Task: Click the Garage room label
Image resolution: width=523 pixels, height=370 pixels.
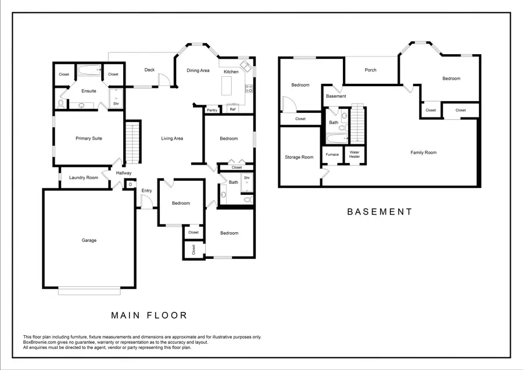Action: [89, 240]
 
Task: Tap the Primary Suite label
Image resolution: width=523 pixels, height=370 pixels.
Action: [89, 138]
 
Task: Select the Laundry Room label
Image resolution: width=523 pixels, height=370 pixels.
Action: [84, 177]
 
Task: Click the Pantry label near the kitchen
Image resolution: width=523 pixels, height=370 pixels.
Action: [212, 110]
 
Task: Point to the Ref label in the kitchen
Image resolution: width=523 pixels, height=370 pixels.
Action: [232, 109]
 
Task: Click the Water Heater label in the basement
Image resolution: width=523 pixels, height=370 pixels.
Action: [354, 154]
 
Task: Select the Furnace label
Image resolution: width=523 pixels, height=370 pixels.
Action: [332, 154]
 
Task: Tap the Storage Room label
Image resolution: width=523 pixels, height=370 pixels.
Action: [299, 157]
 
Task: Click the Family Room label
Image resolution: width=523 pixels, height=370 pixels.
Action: [423, 152]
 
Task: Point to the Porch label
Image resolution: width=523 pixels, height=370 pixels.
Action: [370, 70]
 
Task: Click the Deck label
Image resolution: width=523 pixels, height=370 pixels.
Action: [149, 70]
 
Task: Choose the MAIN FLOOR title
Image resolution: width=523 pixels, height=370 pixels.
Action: [149, 315]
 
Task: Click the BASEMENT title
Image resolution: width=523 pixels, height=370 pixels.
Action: [379, 212]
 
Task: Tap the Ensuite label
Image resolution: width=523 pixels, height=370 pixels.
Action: [89, 91]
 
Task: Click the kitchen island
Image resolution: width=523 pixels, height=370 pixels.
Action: [227, 86]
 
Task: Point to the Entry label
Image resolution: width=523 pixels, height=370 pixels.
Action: [146, 191]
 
